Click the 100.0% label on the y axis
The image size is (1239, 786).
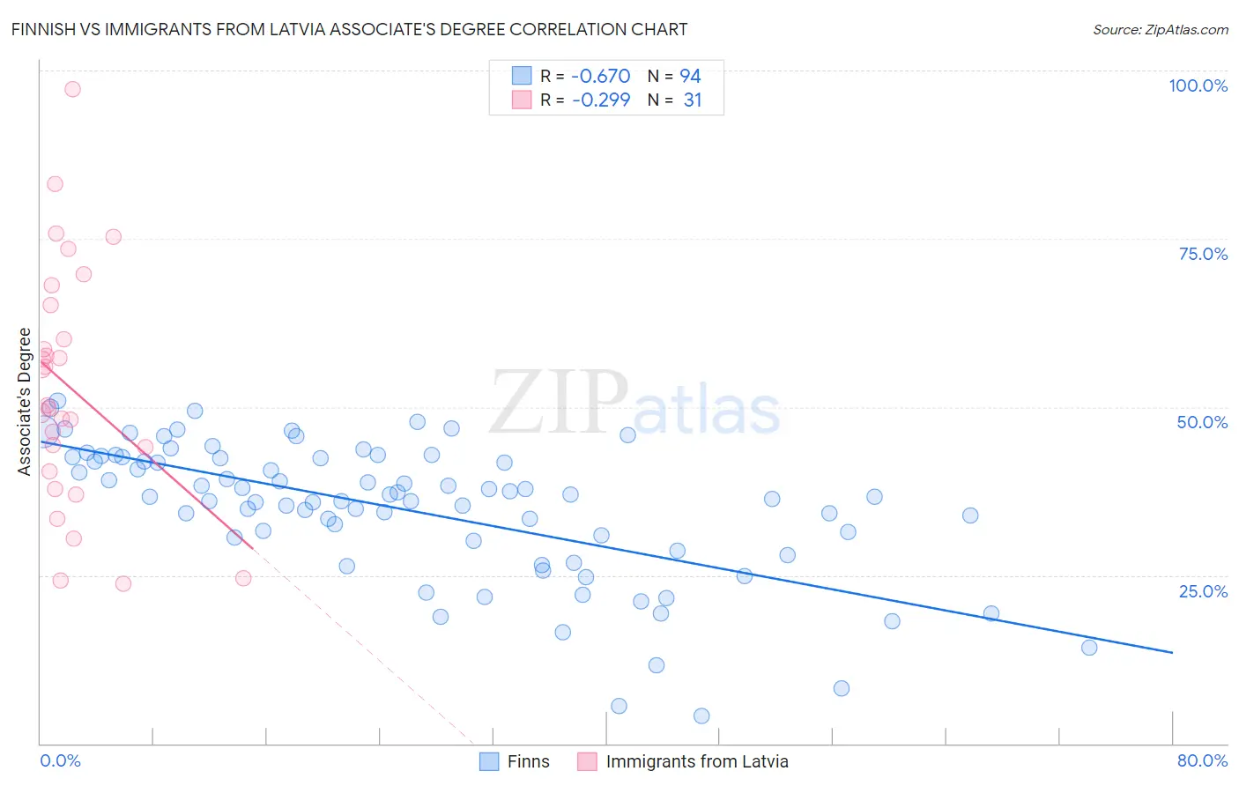(1198, 85)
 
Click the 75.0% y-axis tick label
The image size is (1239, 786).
(1203, 254)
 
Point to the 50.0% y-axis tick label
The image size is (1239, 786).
(1202, 422)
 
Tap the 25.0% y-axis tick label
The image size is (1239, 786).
(1203, 591)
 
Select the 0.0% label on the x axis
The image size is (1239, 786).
(60, 760)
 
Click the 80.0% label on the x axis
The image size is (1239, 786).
(1202, 760)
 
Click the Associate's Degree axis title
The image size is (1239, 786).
(25, 402)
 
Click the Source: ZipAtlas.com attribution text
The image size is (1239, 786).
(1160, 29)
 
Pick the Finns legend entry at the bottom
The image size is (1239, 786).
(528, 761)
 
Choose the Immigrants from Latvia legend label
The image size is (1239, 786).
(696, 761)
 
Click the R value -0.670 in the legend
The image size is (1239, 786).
(601, 76)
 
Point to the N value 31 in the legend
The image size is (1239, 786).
(693, 100)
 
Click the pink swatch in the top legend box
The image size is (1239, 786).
(522, 100)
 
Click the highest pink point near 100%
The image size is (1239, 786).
(72, 89)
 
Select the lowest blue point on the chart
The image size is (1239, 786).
(701, 716)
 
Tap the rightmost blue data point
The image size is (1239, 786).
(1089, 648)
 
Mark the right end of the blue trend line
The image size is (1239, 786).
(1172, 652)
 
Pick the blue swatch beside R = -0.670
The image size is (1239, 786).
(522, 76)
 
